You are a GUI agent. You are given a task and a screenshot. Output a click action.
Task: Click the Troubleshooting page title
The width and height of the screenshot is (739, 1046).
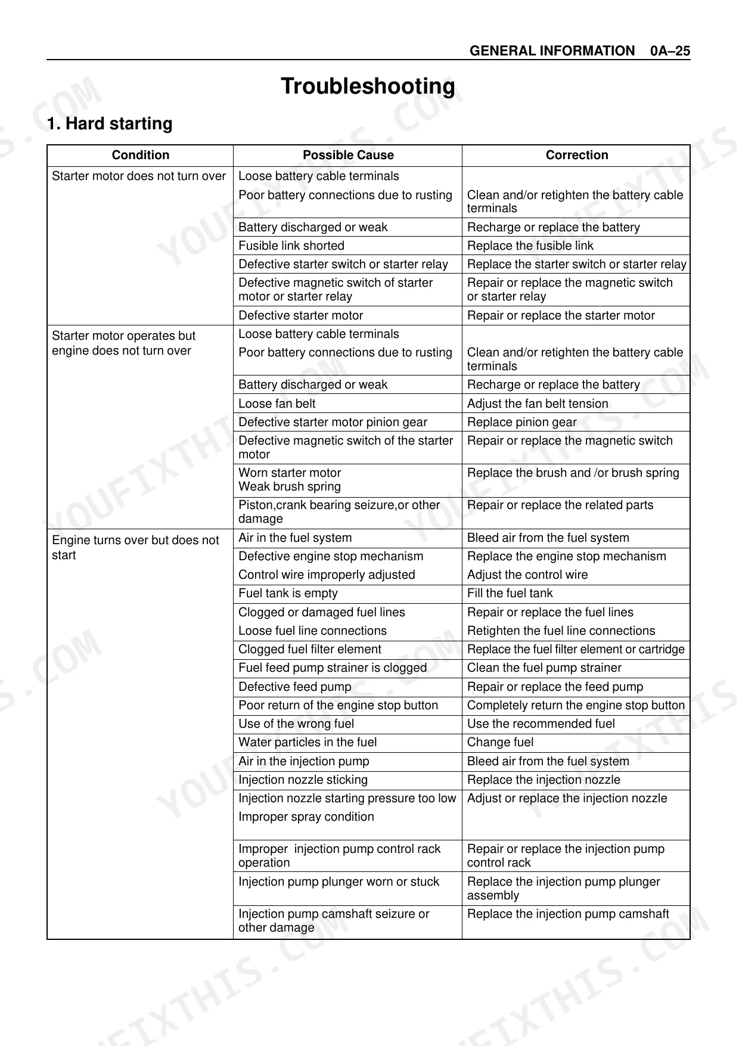[368, 86]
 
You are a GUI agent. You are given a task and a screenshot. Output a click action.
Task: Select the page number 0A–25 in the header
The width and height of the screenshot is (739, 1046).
[670, 51]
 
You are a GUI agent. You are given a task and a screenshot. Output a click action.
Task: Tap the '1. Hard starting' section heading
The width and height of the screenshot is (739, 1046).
[110, 123]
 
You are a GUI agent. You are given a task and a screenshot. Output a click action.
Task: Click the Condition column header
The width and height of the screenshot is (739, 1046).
[141, 155]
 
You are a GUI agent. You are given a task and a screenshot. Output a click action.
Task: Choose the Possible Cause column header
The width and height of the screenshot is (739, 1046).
[348, 155]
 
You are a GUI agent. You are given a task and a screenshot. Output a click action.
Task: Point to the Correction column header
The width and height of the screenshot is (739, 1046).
[577, 155]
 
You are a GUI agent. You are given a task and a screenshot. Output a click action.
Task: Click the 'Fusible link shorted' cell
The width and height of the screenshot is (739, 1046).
[291, 246]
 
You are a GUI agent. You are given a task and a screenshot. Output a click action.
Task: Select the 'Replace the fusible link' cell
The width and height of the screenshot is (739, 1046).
[530, 246]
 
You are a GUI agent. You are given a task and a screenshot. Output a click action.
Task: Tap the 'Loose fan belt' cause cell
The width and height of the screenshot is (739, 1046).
[277, 403]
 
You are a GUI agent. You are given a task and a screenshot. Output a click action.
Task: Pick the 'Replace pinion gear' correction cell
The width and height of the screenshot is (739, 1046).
[522, 422]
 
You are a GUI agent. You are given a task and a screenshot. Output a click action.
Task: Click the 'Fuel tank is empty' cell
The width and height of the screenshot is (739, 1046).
[288, 593]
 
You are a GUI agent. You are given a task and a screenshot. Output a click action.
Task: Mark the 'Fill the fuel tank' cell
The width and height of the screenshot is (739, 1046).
[510, 593]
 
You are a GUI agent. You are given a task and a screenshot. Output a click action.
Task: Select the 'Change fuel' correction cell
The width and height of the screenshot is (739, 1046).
[501, 742]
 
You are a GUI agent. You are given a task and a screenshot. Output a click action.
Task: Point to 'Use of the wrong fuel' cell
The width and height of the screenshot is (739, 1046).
[296, 724]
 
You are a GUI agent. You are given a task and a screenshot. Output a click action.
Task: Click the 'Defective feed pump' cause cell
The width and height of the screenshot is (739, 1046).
[295, 687]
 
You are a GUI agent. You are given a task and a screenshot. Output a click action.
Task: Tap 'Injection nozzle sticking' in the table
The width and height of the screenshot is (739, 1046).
[303, 780]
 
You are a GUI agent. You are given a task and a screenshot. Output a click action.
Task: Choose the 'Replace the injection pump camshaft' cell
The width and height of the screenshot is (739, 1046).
[568, 914]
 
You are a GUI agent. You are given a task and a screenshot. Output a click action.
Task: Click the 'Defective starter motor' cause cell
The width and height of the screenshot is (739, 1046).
[301, 315]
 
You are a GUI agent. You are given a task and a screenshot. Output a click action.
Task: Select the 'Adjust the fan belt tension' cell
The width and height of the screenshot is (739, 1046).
[538, 403]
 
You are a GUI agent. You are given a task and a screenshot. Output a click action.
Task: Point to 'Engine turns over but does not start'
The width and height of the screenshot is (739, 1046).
[135, 547]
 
